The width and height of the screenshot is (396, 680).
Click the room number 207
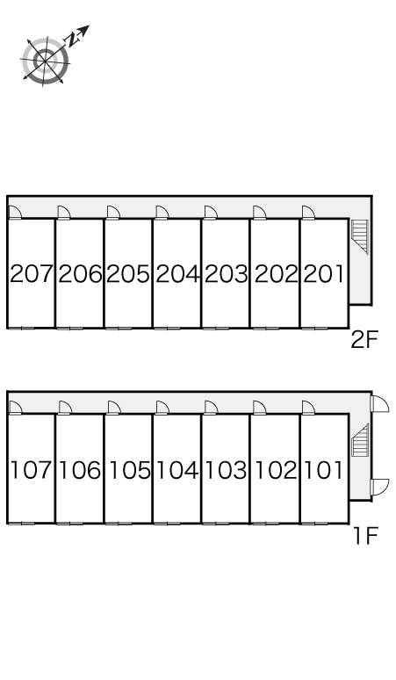point(32,274)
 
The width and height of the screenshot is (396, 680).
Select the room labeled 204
point(177,274)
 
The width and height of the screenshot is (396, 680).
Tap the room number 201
point(324,274)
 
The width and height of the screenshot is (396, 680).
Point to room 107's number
point(32,470)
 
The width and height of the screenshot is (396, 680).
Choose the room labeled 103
point(227,470)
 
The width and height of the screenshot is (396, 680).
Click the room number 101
point(324,470)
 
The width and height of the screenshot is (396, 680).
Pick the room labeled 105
point(129,470)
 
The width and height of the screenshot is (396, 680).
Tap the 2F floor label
point(364,339)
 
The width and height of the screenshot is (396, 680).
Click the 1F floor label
point(366,535)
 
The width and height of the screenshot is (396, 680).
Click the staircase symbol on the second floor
point(360,236)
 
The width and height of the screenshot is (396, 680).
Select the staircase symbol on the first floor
point(360,440)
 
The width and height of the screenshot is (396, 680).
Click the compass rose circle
point(46,61)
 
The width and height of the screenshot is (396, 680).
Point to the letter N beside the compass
point(71,40)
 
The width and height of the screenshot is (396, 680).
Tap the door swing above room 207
point(15,212)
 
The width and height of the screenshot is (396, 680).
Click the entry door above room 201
point(308,212)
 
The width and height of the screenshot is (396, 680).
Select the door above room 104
point(162,408)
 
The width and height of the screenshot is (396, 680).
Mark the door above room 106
point(65,408)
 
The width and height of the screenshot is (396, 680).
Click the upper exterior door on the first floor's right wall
point(380,403)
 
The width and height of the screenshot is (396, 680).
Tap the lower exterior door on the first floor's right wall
point(380,487)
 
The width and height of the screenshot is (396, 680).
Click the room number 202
point(276,274)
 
